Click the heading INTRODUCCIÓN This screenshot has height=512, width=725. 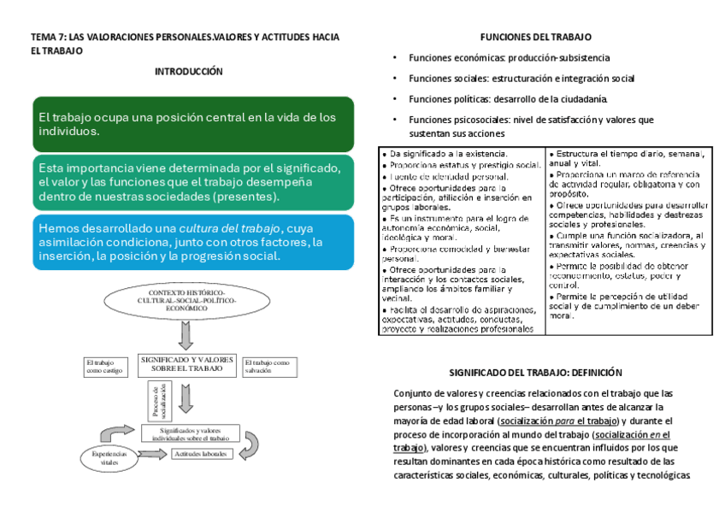[x=188, y=72]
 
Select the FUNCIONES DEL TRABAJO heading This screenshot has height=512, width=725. [x=535, y=37]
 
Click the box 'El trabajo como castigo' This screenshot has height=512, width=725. [x=104, y=366]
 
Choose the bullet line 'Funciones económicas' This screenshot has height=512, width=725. [x=509, y=57]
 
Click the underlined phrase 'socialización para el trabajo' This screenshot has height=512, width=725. [x=561, y=421]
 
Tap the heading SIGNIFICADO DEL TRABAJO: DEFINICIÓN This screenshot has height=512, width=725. [x=535, y=373]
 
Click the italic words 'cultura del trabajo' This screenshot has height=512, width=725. [x=229, y=228]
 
